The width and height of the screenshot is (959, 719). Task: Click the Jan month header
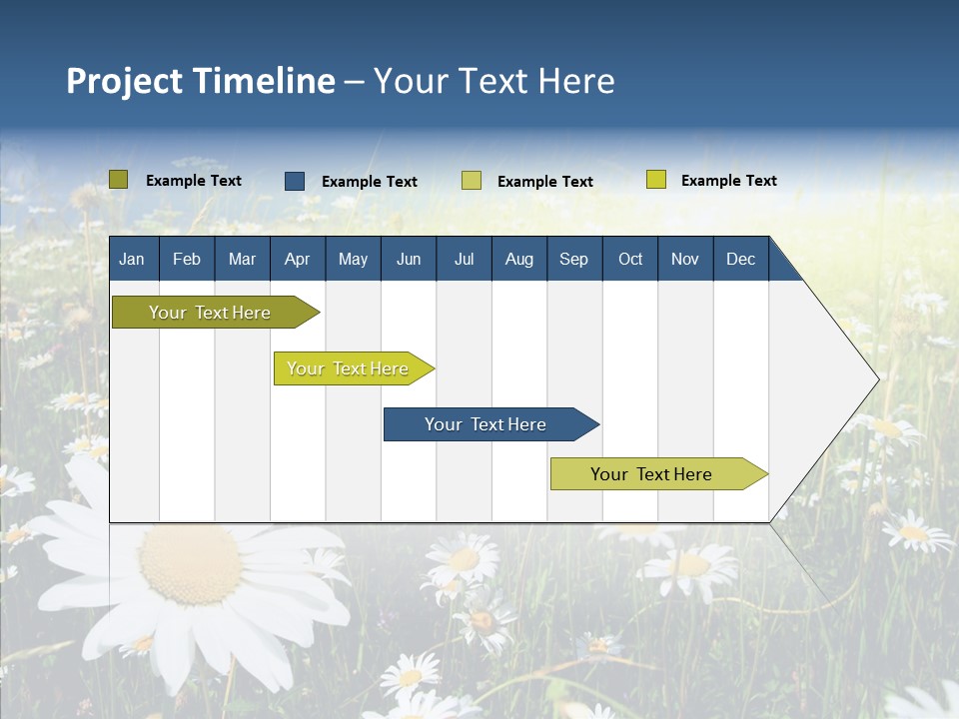[132, 259]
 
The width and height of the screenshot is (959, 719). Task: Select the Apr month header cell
[297, 259]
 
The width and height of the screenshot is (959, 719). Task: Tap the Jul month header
[464, 259]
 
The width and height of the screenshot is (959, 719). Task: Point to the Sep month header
[573, 259]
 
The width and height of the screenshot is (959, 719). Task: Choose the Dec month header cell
[740, 259]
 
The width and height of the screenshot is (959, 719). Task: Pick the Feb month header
[187, 259]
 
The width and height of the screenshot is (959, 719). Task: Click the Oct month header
[630, 259]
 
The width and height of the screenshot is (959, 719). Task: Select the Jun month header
[409, 259]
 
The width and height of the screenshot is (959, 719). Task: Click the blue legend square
[295, 181]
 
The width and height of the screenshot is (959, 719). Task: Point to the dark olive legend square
[119, 180]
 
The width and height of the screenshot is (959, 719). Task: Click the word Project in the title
[125, 81]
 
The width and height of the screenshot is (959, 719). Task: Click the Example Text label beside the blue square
[370, 182]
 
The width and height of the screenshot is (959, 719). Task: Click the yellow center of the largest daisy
[190, 564]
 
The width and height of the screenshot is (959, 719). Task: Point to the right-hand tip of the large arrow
[877, 378]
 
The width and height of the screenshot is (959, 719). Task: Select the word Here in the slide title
[576, 81]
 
